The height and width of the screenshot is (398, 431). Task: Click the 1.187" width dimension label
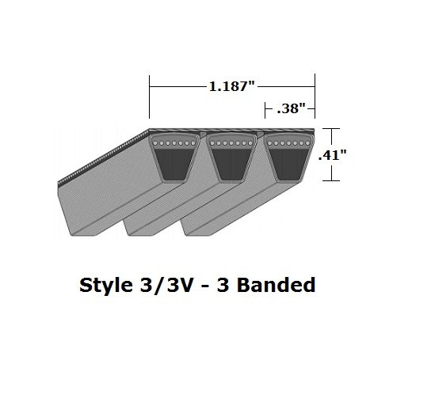pyautogui.click(x=232, y=86)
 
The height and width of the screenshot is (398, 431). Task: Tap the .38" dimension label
pyautogui.click(x=291, y=108)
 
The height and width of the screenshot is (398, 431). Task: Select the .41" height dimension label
pyautogui.click(x=332, y=155)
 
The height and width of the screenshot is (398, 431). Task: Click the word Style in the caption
pyautogui.click(x=105, y=286)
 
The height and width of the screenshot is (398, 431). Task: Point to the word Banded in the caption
pyautogui.click(x=276, y=285)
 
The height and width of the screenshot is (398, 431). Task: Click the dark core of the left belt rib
pyautogui.click(x=174, y=164)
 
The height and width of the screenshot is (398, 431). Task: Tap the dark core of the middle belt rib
pyautogui.click(x=231, y=164)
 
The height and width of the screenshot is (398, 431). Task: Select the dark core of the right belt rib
pyautogui.click(x=288, y=164)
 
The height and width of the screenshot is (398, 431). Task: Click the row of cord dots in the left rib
pyautogui.click(x=174, y=143)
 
